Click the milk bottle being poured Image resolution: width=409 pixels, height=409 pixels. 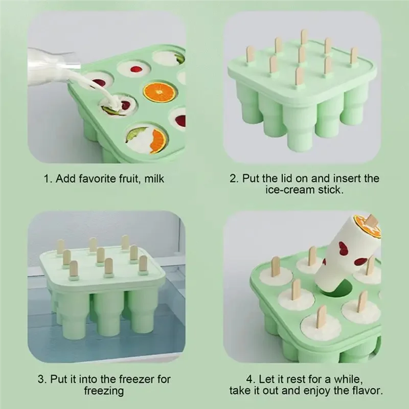49,66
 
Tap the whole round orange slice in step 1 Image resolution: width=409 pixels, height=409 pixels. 160,92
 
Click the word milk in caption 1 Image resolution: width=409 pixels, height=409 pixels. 153,179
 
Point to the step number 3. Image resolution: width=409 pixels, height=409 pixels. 41,380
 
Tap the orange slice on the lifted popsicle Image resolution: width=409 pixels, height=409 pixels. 367,225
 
